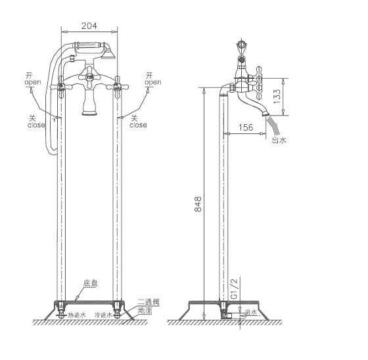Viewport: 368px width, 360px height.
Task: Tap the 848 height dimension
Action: [x=198, y=208]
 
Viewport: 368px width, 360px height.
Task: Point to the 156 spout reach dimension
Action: [x=246, y=127]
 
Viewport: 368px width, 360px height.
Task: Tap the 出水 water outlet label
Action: [x=279, y=139]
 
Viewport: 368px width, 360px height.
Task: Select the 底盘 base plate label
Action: [x=91, y=284]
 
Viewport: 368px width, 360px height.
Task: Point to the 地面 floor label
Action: [x=145, y=309]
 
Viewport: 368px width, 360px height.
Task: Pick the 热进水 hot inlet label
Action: [x=77, y=315]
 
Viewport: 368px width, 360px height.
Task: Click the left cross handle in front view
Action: [x=62, y=84]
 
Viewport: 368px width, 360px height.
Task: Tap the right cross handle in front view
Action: [x=119, y=84]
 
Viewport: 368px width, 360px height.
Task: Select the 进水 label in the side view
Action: [x=251, y=312]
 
